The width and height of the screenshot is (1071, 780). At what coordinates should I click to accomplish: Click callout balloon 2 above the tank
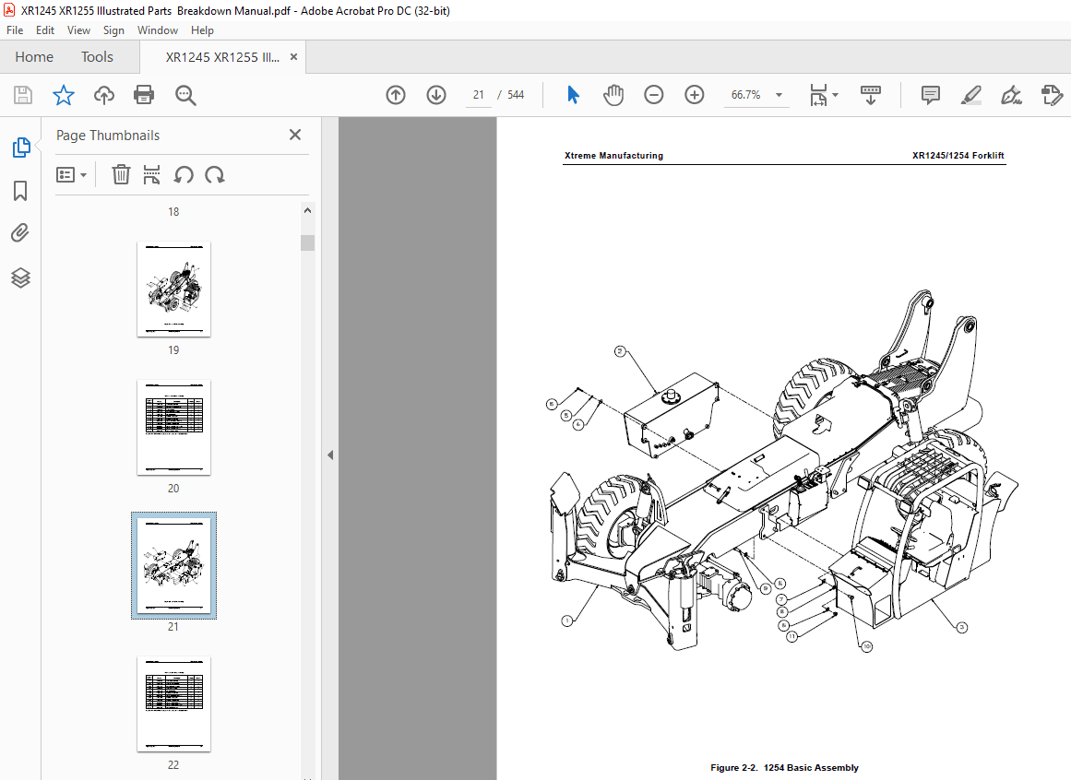pos(620,351)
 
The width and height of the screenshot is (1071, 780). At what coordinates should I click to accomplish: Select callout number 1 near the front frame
pos(566,621)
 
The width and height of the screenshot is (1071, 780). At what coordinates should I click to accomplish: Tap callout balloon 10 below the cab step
pos(866,646)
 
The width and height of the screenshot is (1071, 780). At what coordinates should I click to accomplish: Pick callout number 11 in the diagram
pos(791,636)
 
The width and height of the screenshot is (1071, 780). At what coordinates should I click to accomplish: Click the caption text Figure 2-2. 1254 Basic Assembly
pos(784,768)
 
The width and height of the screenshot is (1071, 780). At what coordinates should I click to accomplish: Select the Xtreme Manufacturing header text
pos(613,156)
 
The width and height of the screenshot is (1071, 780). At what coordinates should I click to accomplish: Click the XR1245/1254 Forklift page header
pos(958,156)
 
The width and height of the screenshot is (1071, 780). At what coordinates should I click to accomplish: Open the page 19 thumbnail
pos(173,289)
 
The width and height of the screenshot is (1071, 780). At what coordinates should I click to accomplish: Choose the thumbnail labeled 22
pos(173,703)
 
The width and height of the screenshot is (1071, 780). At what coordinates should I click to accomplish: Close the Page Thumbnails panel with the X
pos(295,135)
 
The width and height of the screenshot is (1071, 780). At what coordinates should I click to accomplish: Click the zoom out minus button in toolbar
pos(654,95)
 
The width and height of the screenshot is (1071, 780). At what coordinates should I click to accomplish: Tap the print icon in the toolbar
pos(144,95)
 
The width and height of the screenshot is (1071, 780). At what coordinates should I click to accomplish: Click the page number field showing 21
pos(479,95)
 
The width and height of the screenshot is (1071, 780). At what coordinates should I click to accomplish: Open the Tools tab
pos(97,57)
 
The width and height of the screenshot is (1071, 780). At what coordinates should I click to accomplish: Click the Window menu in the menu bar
pos(158,30)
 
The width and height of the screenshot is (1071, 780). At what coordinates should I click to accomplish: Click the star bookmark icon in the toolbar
pos(63,95)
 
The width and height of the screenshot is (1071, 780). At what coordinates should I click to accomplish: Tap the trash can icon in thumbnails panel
pos(121,175)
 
